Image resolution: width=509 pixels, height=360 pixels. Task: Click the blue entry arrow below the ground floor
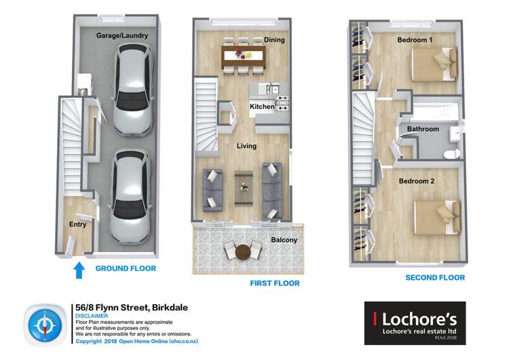click(79, 270)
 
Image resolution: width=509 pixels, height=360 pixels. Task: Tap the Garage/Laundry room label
click(122, 35)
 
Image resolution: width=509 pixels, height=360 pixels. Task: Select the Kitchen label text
click(262, 106)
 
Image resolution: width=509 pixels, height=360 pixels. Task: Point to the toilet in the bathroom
click(452, 154)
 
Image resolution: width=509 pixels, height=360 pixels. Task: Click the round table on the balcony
click(243, 251)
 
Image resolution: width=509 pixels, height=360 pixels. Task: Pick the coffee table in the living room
click(244, 188)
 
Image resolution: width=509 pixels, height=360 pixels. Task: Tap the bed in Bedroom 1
click(434, 64)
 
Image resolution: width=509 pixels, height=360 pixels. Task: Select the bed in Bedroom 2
click(437, 217)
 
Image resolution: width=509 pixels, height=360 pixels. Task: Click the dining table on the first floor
click(244, 56)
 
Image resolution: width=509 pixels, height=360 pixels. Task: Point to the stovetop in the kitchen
click(282, 103)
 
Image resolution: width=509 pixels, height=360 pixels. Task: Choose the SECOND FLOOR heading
click(435, 278)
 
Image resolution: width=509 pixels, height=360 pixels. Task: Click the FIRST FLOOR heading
click(275, 283)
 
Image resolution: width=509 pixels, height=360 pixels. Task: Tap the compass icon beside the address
click(45, 325)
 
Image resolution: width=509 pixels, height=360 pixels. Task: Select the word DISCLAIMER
click(92, 316)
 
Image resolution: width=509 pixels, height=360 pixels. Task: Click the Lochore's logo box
click(415, 323)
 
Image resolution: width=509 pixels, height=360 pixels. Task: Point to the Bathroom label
click(423, 129)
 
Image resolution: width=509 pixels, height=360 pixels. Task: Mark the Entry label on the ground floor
click(77, 224)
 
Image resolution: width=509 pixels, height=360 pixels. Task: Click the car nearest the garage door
click(130, 197)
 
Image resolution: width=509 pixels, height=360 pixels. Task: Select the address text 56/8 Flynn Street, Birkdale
click(132, 308)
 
